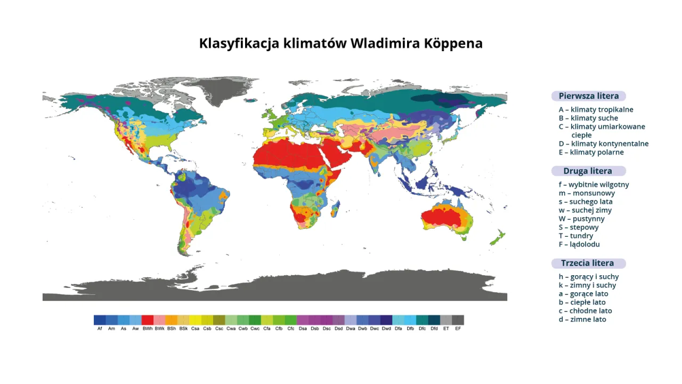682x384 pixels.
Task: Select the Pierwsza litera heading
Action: tap(588, 96)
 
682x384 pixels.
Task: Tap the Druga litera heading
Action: tap(588, 171)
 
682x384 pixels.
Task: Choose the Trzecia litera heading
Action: tap(588, 263)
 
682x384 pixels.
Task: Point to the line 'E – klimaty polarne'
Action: tap(591, 153)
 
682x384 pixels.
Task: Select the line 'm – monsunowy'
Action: tap(587, 194)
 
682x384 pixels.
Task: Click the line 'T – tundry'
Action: tap(575, 236)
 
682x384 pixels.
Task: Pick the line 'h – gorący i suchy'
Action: tap(589, 277)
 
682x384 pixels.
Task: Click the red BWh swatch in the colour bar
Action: tap(148, 320)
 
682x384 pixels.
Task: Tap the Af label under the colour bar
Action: tap(100, 329)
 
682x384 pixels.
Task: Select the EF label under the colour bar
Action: tap(458, 329)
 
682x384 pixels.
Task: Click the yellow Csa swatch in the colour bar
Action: tap(195, 320)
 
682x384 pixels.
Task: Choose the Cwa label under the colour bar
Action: tap(231, 329)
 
